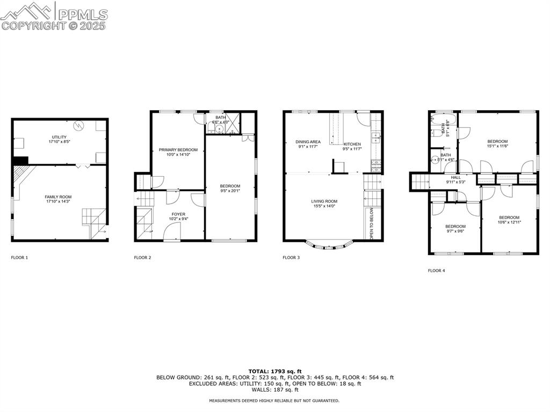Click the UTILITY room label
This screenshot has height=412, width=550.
[x=59, y=138]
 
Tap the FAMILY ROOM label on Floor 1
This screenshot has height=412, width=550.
[x=59, y=197]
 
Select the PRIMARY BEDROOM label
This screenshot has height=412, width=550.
[x=178, y=150]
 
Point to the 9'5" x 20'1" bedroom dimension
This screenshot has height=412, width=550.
[x=230, y=191]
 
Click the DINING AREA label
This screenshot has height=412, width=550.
[x=308, y=142]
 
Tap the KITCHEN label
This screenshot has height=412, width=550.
[x=352, y=144]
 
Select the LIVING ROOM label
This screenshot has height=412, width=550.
[x=324, y=201]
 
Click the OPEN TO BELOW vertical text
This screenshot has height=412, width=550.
[x=371, y=222]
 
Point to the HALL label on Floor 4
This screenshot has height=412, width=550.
[x=455, y=177]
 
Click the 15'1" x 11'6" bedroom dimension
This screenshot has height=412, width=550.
[x=497, y=146]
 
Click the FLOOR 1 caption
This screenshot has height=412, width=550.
[x=19, y=258]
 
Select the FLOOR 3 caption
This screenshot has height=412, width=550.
[x=291, y=258]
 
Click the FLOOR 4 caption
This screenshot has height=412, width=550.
[x=436, y=271]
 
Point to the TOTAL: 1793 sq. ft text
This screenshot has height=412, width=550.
[x=274, y=371]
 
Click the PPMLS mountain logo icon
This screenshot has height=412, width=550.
[x=27, y=10]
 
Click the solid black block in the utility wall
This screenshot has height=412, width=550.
[x=20, y=161]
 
